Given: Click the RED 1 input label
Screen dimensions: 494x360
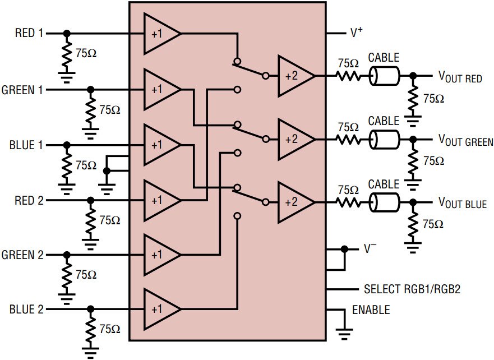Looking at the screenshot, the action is coord(29,33).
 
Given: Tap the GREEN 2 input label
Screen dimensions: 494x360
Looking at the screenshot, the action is coord(22,255).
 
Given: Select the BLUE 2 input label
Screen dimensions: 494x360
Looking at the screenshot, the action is coord(26,309).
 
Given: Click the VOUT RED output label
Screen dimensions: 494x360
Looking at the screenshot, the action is coord(460,77).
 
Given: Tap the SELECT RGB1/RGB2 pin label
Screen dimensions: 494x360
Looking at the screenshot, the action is coord(412,289).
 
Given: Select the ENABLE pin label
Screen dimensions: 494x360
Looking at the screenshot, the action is coord(371,310).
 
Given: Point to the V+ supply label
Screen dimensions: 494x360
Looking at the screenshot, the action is coord(357,32).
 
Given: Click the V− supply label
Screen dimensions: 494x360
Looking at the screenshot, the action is coord(370,248).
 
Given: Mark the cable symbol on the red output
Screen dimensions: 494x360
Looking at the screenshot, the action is coord(384,76).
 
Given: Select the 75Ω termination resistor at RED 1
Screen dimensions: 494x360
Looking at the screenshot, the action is coord(67,53).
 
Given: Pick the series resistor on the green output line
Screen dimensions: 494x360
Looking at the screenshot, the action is coord(348,139).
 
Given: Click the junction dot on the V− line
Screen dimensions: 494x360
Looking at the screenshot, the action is coord(344,249).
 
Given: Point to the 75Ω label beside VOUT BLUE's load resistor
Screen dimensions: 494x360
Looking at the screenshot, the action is coord(433,224).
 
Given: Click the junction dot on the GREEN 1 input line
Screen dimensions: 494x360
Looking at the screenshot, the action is coord(90,90).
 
